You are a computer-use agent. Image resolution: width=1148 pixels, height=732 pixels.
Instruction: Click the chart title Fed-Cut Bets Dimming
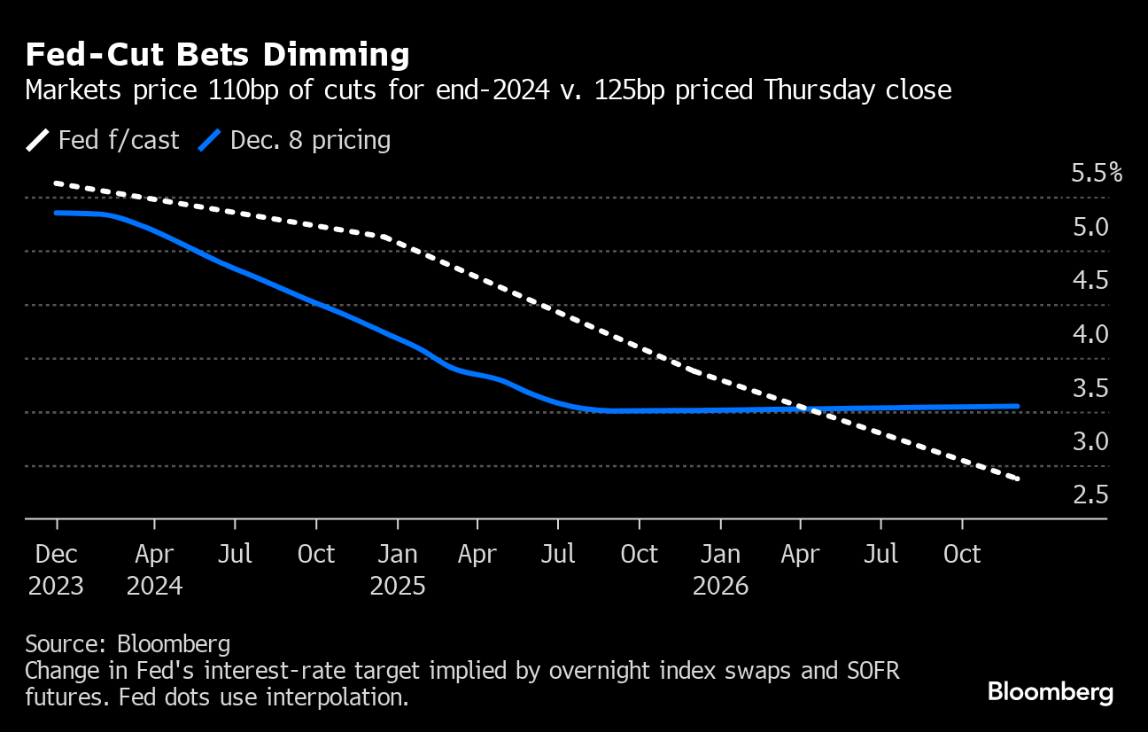click(217, 55)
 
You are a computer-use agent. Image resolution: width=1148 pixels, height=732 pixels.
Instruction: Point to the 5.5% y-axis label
click(1097, 173)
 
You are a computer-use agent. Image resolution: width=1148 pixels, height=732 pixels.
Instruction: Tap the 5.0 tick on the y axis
click(1090, 227)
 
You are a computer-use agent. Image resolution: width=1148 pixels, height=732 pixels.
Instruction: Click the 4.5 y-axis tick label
click(1090, 281)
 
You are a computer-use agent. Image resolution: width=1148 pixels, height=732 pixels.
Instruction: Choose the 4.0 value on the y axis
click(1090, 334)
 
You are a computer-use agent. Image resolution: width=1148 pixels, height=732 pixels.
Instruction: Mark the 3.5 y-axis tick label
click(1090, 388)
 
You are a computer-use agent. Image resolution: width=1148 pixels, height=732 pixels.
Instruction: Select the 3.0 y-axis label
click(1090, 441)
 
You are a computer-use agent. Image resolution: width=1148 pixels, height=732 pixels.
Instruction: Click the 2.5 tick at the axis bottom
click(1090, 494)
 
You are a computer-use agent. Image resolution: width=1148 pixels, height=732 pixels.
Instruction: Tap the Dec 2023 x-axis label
click(58, 570)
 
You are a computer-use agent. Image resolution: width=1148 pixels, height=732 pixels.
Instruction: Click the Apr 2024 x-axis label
click(155, 570)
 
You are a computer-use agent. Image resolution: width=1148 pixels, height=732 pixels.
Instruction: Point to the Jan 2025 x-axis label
click(398, 570)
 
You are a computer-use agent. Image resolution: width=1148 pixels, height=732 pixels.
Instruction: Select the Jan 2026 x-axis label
click(721, 570)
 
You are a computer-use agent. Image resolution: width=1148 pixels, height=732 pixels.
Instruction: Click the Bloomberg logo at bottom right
click(1051, 692)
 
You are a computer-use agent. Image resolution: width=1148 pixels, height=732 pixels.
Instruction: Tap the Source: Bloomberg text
click(128, 643)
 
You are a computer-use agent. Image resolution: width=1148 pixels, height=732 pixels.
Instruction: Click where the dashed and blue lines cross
click(803, 409)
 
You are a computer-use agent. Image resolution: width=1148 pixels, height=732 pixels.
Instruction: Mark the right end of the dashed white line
click(1019, 479)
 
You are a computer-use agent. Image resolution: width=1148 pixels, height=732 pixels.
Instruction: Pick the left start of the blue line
click(56, 213)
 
